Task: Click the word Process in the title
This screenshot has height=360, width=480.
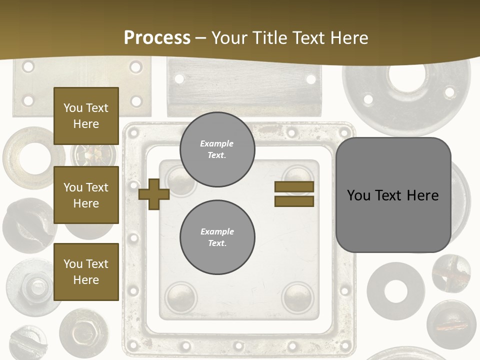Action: click(157, 37)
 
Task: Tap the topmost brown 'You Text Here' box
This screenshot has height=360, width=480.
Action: click(86, 116)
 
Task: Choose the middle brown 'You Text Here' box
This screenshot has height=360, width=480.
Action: click(86, 195)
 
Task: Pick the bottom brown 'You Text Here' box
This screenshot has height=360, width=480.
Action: click(86, 272)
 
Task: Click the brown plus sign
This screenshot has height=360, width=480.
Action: click(154, 194)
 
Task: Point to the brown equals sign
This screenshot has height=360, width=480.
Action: click(294, 194)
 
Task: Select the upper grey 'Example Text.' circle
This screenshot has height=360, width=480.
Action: click(217, 149)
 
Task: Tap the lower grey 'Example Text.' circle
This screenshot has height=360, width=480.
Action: click(217, 237)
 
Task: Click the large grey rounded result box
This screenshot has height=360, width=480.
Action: click(393, 195)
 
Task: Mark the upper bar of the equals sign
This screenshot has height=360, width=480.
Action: click(294, 187)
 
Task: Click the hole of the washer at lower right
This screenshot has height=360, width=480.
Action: click(395, 291)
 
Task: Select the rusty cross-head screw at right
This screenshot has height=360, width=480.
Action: click(451, 273)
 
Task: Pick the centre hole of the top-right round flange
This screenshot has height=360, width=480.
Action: click(406, 76)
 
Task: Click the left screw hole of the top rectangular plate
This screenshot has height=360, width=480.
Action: click(179, 78)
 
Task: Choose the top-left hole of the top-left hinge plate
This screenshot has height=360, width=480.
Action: click(28, 66)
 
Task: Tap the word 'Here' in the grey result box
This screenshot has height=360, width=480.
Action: click(422, 195)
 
